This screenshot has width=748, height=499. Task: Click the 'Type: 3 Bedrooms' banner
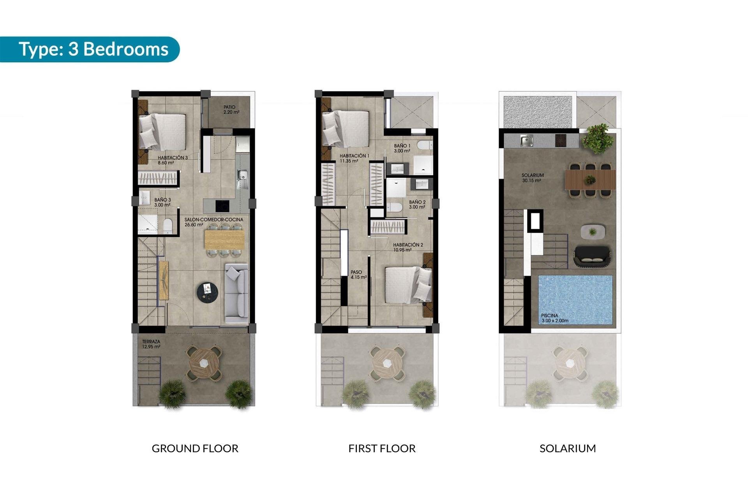coord(93,50)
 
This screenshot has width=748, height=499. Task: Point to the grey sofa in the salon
coord(236,293)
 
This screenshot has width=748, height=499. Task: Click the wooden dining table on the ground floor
coord(224,239)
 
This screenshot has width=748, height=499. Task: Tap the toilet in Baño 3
coord(168,226)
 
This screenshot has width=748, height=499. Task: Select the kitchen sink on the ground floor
coord(242,180)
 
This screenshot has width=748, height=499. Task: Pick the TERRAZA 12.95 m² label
coord(151,344)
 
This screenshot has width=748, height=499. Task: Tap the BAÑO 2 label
coord(417,205)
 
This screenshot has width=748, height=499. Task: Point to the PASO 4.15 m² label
coord(358,275)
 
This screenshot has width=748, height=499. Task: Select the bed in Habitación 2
coord(407,285)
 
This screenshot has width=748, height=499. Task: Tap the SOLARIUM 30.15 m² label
coord(532,178)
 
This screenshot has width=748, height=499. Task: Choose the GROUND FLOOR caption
coord(195,448)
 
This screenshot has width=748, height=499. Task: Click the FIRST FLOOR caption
coord(382,448)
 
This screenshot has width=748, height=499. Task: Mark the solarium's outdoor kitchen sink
coord(527,140)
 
